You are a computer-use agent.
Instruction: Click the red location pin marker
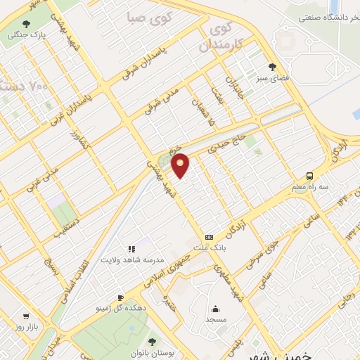click(181, 165)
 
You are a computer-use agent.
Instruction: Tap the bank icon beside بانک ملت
click(209, 238)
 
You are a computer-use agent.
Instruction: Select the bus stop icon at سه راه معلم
click(310, 176)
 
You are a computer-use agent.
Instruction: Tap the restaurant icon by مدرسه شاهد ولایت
click(131, 248)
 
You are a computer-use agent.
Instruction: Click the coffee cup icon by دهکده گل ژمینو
click(120, 297)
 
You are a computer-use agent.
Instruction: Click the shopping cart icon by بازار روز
click(27, 316)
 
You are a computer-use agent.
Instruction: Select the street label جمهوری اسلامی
click(168, 269)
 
